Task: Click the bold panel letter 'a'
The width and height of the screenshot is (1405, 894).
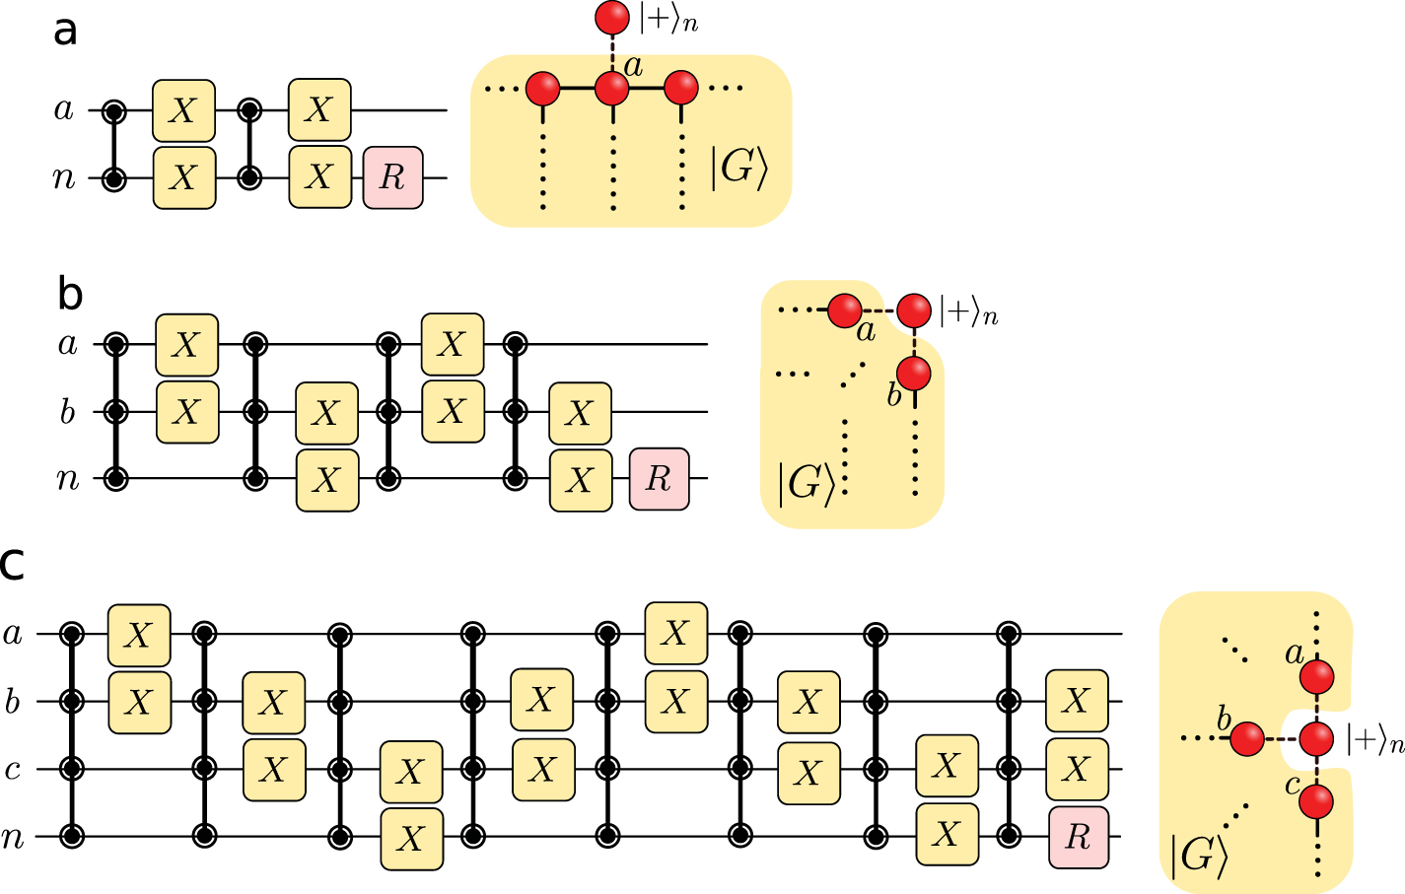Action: point(64,32)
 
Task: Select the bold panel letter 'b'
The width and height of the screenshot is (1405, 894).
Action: point(69,293)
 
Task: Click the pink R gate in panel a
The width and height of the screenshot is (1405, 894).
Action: point(392,177)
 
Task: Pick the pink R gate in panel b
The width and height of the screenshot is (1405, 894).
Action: point(659,479)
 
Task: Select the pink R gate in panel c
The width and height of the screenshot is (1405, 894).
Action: point(1078,837)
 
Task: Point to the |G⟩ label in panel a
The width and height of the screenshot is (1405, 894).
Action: point(738,169)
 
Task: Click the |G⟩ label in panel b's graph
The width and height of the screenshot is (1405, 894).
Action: point(806,484)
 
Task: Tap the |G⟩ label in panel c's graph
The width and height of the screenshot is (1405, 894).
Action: point(1198,854)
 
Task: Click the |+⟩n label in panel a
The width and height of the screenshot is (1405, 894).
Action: point(668,21)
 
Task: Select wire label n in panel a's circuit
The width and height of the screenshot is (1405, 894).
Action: point(63,179)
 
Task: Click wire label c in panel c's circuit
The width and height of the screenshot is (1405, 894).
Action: point(13,769)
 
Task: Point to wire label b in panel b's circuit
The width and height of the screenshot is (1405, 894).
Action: point(66,412)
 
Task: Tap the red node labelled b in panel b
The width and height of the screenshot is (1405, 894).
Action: point(914,374)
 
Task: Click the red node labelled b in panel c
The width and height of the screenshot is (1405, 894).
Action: point(1247,739)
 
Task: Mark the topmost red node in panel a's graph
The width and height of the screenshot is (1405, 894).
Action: point(611,18)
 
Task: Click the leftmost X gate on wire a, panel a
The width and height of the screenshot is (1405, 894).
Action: point(183,110)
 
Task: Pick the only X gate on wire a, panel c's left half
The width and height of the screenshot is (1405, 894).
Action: point(139,636)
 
